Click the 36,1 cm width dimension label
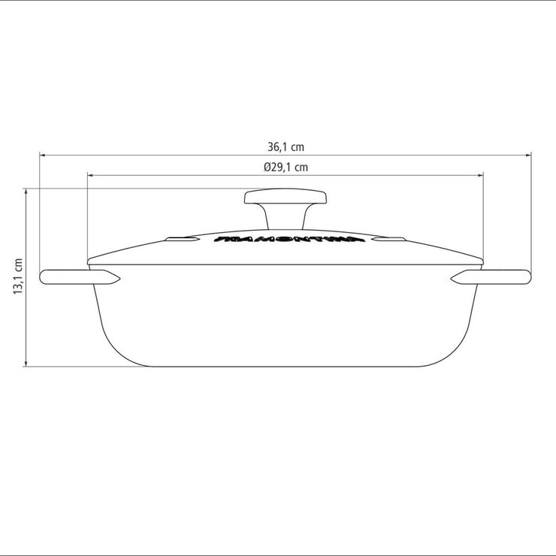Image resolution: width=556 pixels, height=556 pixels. click(x=286, y=148)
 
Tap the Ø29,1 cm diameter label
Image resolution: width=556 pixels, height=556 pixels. click(x=286, y=168)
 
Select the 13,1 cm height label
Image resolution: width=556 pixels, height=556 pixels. click(x=19, y=276)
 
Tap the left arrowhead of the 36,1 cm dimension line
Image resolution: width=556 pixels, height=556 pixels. click(x=44, y=156)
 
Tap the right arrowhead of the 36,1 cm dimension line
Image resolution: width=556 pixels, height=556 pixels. click(x=527, y=156)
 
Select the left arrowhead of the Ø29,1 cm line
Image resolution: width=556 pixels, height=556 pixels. click(x=92, y=176)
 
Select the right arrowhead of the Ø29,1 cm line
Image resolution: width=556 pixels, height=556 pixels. click(x=479, y=176)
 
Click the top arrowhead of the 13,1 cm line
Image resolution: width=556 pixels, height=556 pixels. click(x=28, y=192)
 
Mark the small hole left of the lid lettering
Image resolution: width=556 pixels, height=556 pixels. click(x=181, y=241)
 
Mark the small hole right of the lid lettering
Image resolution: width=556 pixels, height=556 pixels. click(x=391, y=241)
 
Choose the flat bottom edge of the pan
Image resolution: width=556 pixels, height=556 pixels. click(x=286, y=367)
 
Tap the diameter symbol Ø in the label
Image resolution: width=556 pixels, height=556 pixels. click(x=267, y=168)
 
